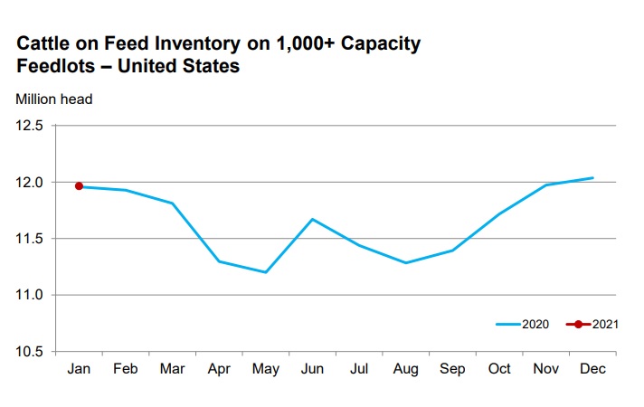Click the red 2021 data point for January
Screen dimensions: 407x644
tap(79, 185)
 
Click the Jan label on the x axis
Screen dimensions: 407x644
tap(79, 370)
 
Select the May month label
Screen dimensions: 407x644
tap(266, 370)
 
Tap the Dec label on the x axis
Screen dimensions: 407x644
tap(593, 370)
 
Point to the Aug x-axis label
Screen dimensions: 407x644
tap(406, 370)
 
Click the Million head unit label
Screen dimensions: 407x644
tap(53, 98)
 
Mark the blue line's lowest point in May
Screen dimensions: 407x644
tap(266, 272)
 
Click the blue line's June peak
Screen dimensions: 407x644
tap(313, 219)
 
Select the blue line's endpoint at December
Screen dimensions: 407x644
tap(593, 177)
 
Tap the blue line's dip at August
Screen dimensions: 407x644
tap(406, 262)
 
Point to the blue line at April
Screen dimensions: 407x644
tap(219, 261)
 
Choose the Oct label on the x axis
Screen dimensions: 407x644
tap(499, 370)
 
